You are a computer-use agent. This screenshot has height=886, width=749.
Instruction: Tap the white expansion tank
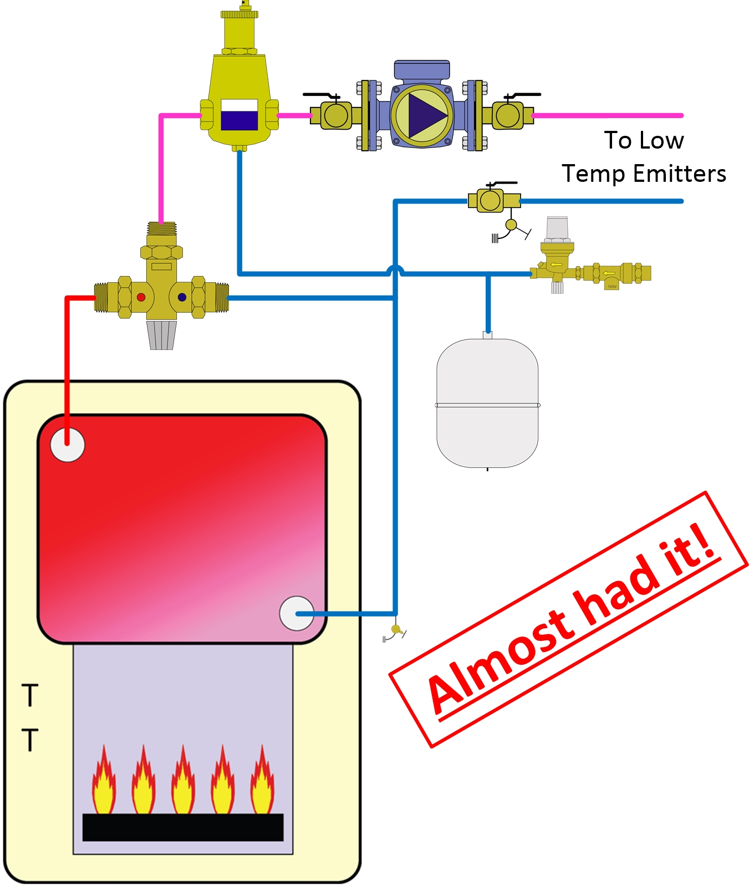[487, 403]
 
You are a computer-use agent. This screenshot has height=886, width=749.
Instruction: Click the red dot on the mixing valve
[141, 297]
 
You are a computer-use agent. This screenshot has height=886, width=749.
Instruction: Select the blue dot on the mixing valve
[182, 297]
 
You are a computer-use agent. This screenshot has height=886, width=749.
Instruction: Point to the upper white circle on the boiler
[67, 445]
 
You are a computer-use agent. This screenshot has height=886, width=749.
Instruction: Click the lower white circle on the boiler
[297, 613]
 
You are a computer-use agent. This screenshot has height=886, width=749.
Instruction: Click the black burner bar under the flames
[183, 827]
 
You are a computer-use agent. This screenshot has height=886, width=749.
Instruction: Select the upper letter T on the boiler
[30, 695]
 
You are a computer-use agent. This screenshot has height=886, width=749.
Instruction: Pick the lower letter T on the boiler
[30, 740]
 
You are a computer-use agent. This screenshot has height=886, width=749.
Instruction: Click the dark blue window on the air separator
[239, 120]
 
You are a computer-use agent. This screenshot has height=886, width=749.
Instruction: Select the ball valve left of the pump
[335, 115]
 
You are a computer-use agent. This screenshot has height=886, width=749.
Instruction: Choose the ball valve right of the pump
[508, 115]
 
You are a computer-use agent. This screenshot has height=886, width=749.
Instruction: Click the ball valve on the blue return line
[490, 200]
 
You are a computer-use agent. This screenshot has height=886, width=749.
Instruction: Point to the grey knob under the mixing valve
[161, 335]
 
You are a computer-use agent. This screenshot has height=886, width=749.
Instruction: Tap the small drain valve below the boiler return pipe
[395, 630]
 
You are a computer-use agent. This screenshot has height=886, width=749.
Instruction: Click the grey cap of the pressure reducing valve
[557, 227]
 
